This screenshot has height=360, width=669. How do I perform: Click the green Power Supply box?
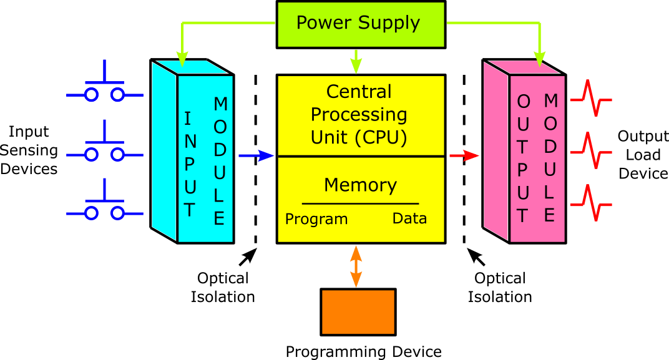click(x=361, y=24)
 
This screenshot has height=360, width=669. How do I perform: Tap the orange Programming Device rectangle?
click(x=358, y=312)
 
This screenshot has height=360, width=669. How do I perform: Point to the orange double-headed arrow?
click(x=356, y=266)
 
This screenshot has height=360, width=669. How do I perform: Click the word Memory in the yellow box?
click(x=360, y=185)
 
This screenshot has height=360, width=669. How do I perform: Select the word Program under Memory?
click(x=316, y=219)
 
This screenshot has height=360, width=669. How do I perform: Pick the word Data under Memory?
click(x=409, y=218)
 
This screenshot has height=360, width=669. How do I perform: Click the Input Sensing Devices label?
click(x=29, y=150)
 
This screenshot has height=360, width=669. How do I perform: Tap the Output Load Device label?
click(x=643, y=155)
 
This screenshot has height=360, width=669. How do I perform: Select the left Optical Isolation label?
click(x=223, y=287)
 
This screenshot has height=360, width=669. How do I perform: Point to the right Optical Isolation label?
click(x=500, y=287)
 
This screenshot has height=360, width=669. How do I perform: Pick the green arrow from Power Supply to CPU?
click(x=356, y=61)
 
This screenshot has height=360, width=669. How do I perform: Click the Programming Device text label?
click(x=363, y=351)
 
